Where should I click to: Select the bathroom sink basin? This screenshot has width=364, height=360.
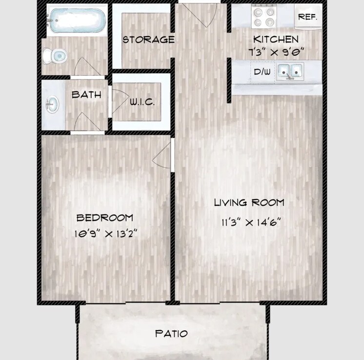coord(52,104)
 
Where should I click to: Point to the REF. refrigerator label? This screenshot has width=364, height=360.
coord(307,17)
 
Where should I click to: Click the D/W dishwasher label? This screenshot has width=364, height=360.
coord(262,71)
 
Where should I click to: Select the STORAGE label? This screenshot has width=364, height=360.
coord(148,40)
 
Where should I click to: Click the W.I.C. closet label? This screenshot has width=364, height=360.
coord(142,102)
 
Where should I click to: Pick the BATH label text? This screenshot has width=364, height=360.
coord(86,94)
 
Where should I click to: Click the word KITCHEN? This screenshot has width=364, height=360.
coord(276,39)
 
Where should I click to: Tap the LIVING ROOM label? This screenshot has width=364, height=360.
coord(249,202)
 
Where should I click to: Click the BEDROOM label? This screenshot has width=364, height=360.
coord(104,218)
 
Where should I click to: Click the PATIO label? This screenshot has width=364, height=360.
coord(171,334)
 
